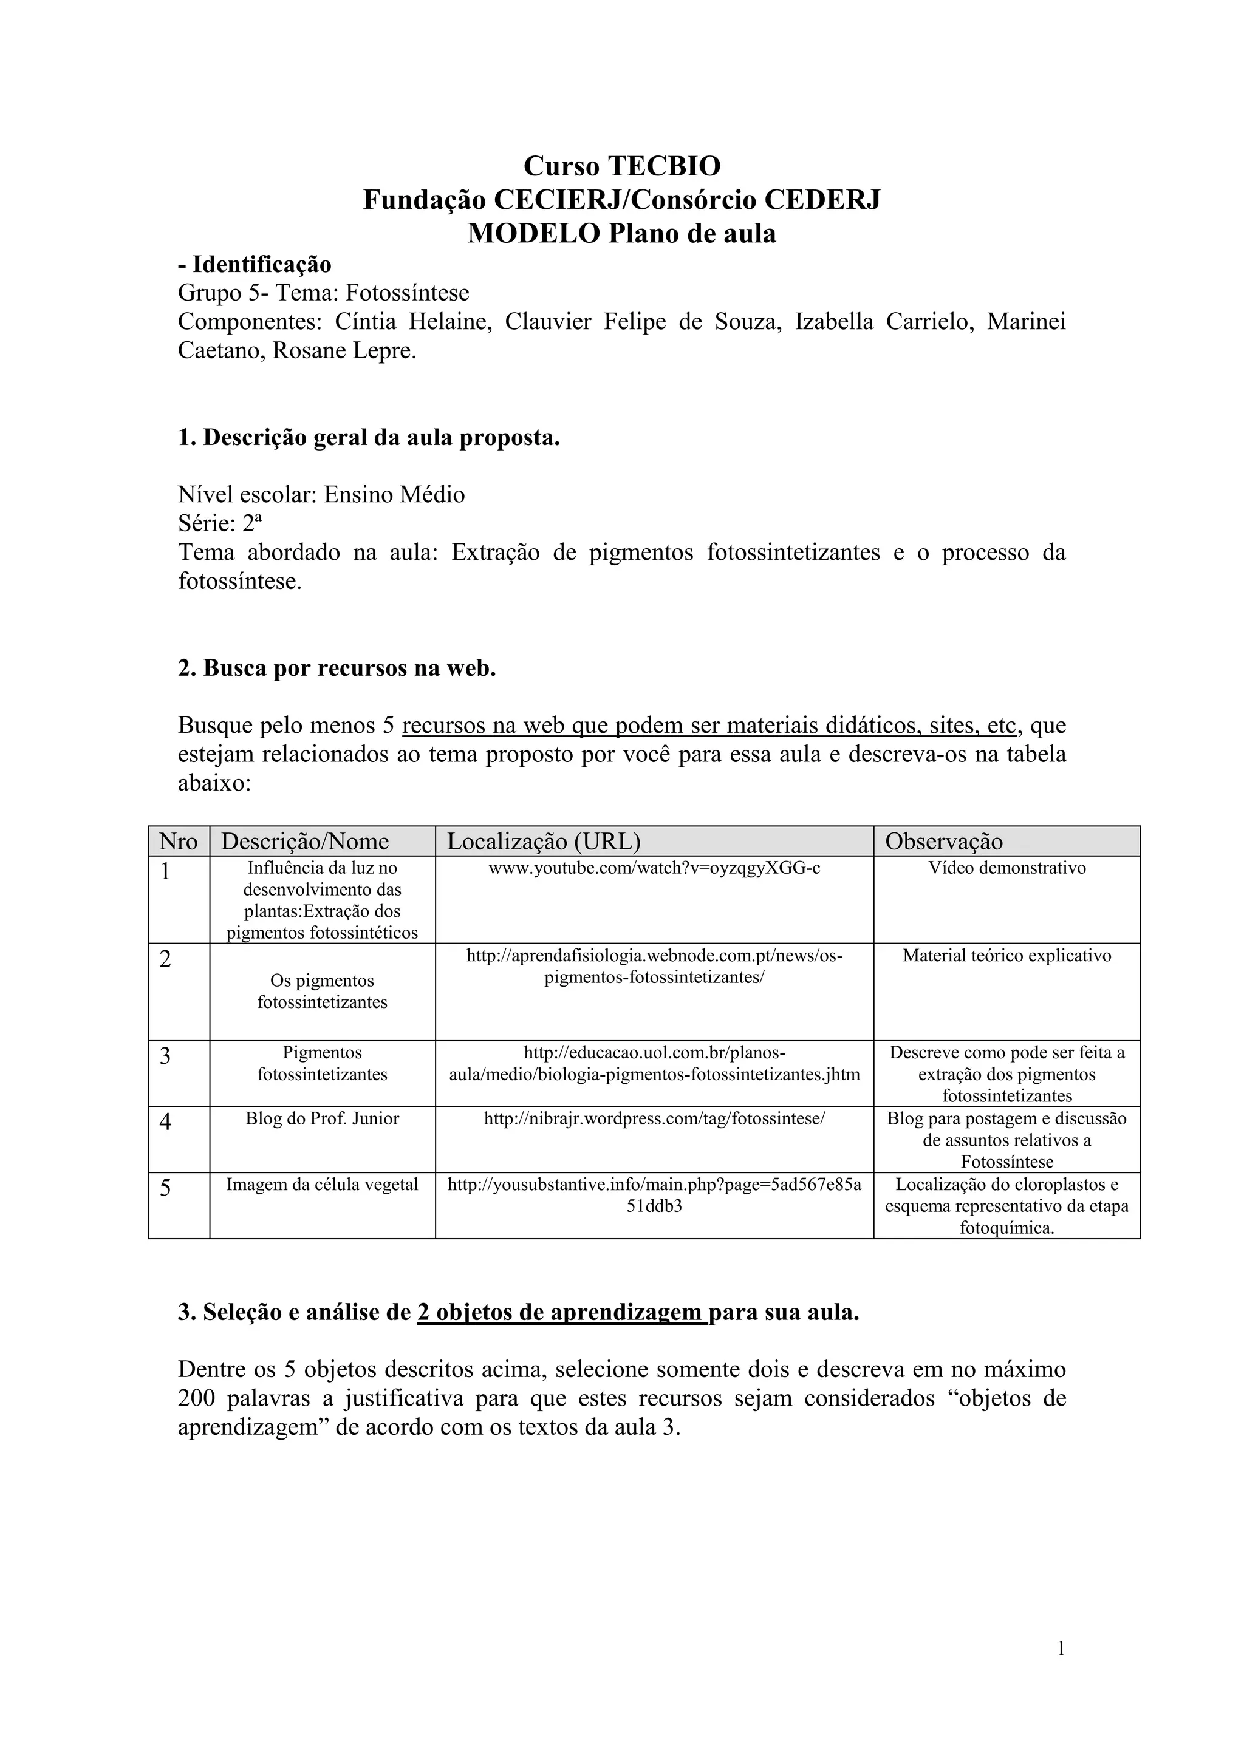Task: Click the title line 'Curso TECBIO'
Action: (x=621, y=166)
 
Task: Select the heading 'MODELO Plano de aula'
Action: (x=621, y=233)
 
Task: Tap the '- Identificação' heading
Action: (x=255, y=264)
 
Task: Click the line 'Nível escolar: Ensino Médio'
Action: (x=321, y=494)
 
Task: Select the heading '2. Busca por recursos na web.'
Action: (x=337, y=668)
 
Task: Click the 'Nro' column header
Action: (x=179, y=841)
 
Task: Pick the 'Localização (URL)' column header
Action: (x=544, y=841)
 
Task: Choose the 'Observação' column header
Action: (x=943, y=841)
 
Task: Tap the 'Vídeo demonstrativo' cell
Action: (x=1006, y=869)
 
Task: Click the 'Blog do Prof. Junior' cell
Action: (x=322, y=1118)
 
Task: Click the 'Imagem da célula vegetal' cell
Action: (x=322, y=1185)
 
